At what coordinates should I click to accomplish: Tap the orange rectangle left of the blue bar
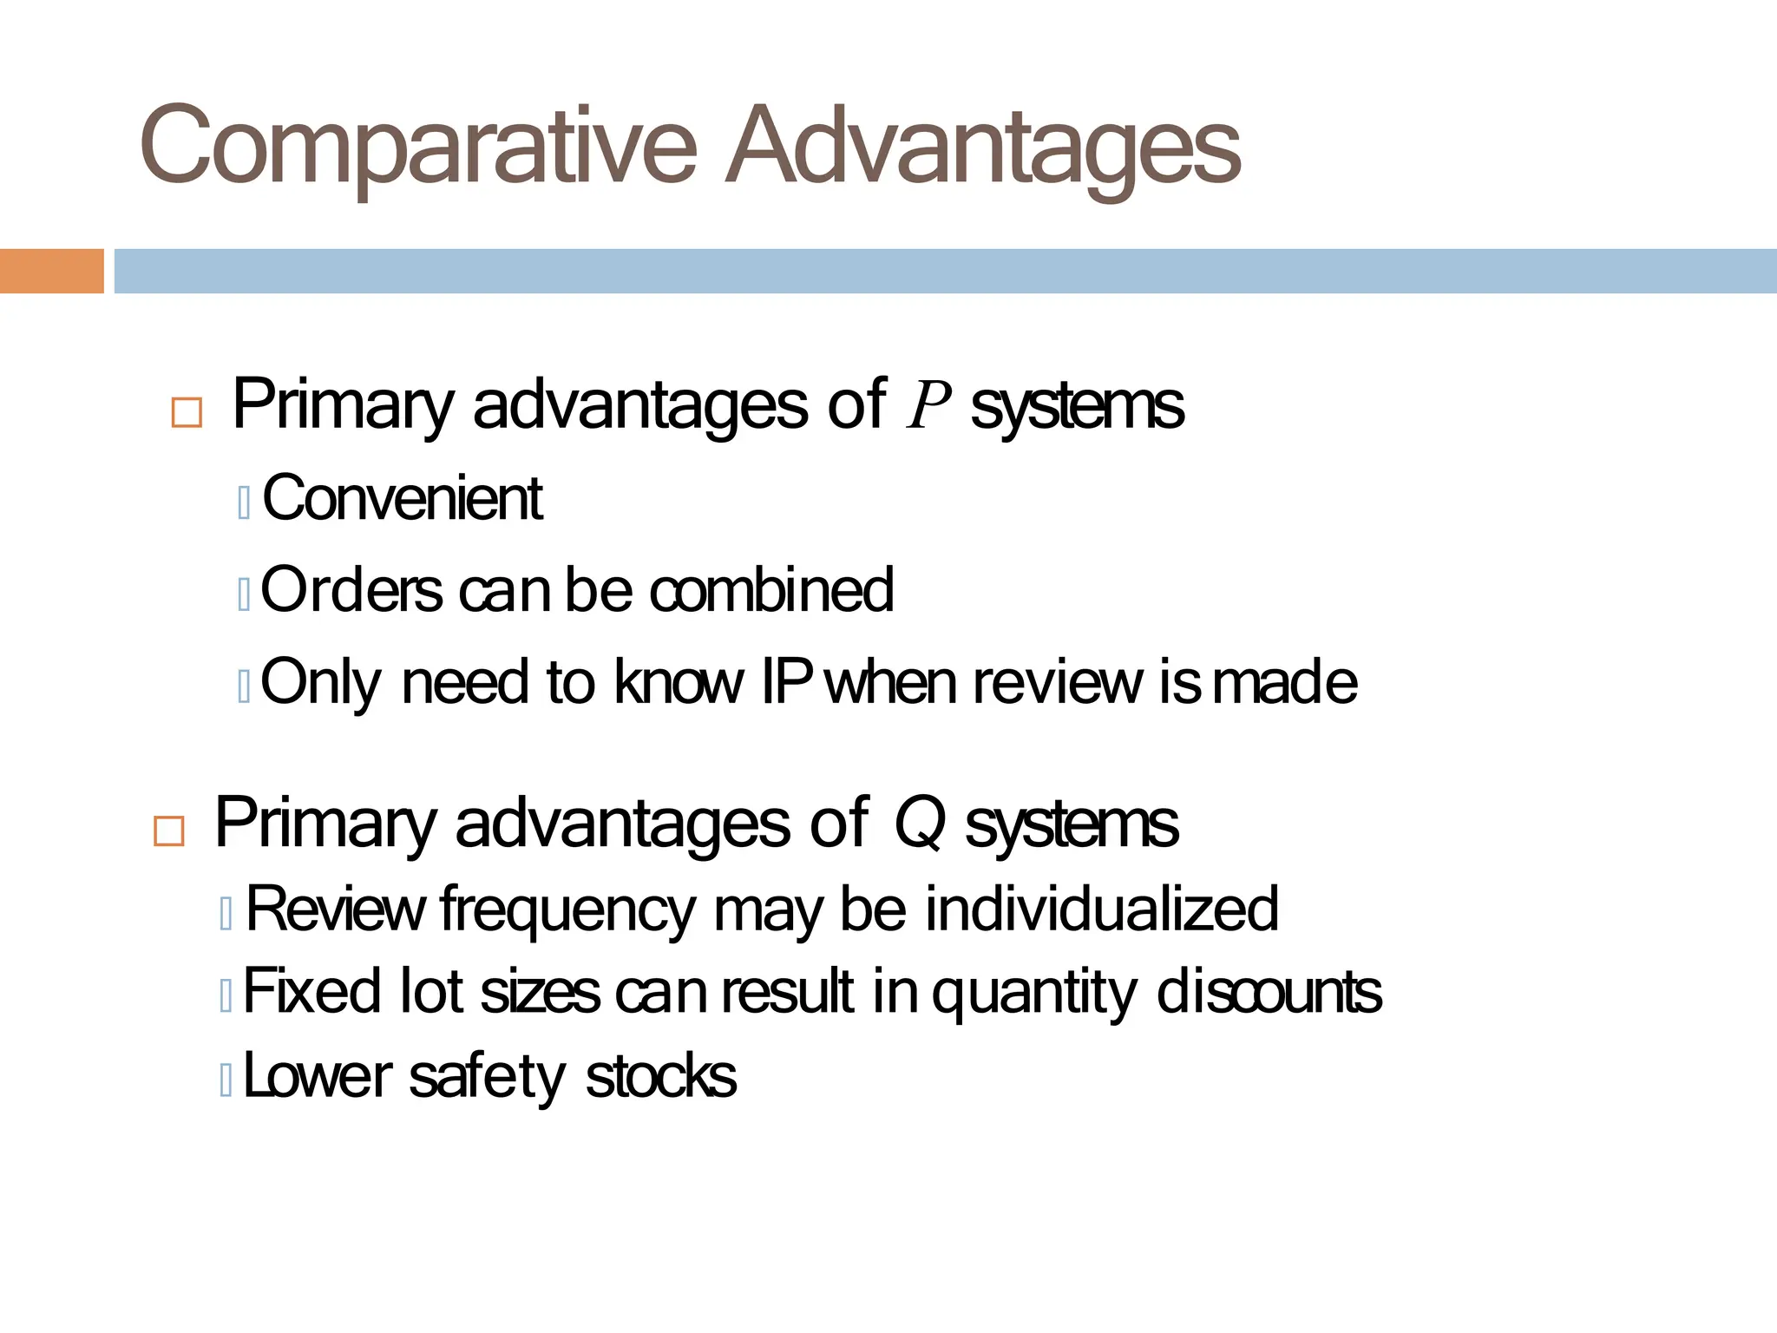pos(51,271)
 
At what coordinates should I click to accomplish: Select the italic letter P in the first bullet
pos(928,406)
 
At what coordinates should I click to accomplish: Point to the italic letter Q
pos(919,823)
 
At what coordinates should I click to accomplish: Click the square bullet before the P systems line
pos(187,412)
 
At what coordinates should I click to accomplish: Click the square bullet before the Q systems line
pos(168,831)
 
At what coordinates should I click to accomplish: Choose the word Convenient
pos(403,499)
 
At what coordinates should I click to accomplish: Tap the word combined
pos(771,590)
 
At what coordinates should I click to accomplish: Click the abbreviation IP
pos(786,682)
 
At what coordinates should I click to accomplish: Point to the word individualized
pos(1102,909)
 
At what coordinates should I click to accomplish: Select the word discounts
pos(1269,992)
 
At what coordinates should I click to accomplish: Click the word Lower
pos(318,1076)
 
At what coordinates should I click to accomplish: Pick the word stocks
pos(661,1076)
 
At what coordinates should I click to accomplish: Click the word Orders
pos(351,590)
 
